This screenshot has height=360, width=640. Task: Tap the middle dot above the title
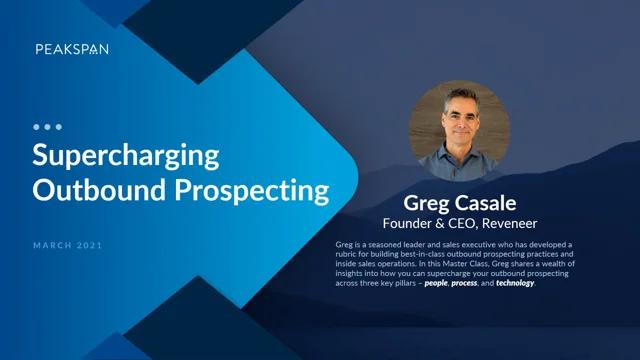pyautogui.click(x=47, y=128)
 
